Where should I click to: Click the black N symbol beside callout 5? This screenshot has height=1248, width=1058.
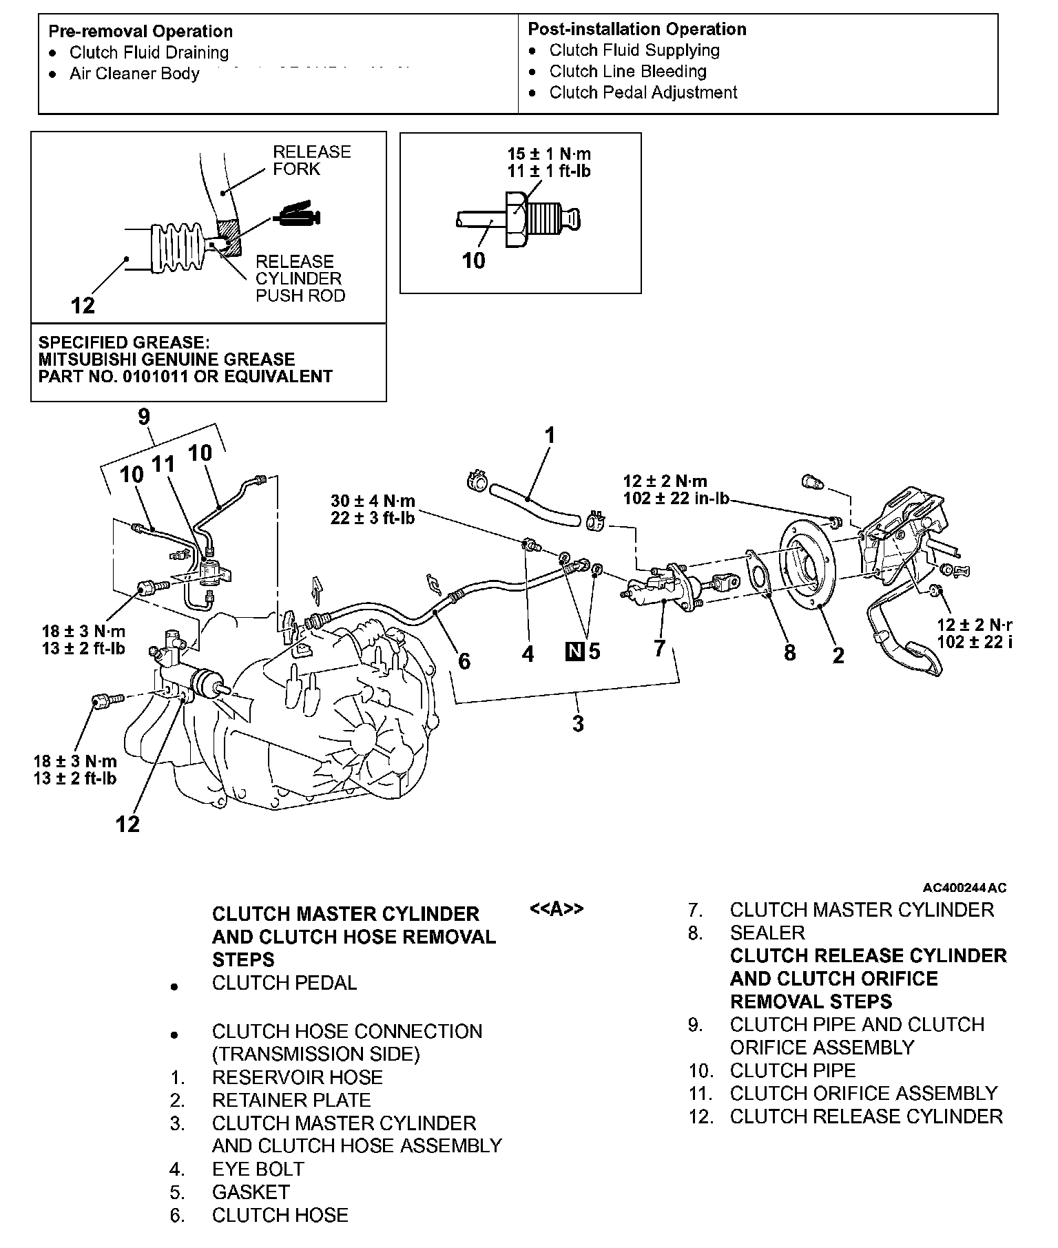click(574, 651)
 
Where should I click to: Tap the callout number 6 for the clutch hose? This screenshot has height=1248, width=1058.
click(464, 661)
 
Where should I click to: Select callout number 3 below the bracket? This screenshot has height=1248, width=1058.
click(578, 723)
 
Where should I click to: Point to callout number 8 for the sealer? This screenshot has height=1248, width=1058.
click(789, 652)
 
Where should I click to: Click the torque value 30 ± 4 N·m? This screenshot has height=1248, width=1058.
click(373, 501)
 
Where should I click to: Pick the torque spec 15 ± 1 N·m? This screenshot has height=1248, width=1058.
click(549, 154)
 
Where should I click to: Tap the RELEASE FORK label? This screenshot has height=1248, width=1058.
click(311, 160)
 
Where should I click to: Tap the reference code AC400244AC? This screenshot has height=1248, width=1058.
click(964, 888)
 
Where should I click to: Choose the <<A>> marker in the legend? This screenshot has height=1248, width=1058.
click(557, 909)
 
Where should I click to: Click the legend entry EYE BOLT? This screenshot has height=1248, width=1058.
click(258, 1169)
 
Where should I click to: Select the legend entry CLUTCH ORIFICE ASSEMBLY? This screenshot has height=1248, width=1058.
click(863, 1093)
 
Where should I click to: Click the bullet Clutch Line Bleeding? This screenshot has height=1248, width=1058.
click(627, 72)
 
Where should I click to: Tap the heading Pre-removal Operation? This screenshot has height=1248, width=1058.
click(141, 32)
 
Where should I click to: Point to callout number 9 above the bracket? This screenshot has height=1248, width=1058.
click(144, 417)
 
